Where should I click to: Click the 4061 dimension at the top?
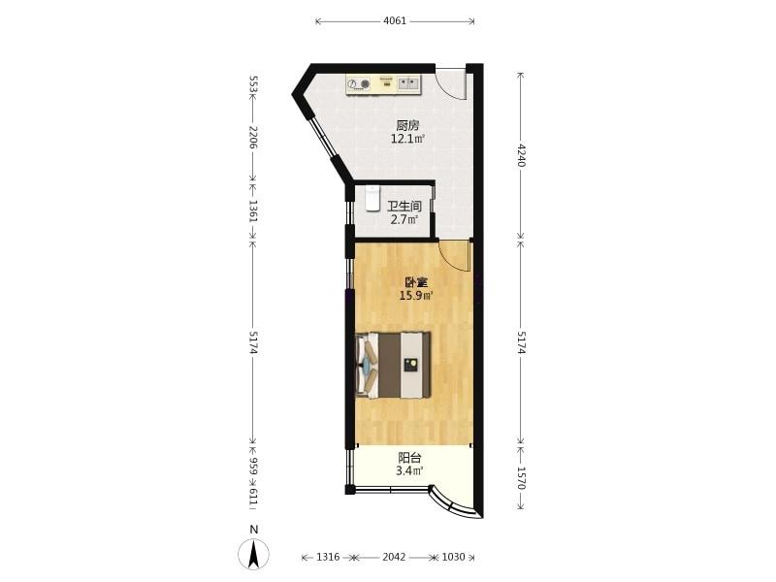click(x=395, y=20)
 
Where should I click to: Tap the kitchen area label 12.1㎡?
click(x=407, y=139)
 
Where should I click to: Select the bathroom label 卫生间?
click(x=404, y=206)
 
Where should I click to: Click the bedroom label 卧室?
click(x=416, y=282)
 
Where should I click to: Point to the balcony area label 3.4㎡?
click(x=409, y=470)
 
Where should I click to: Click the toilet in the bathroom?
click(x=372, y=198)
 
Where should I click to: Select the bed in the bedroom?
click(x=393, y=366)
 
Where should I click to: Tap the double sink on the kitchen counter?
click(x=408, y=83)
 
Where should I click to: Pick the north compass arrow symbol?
click(x=254, y=554)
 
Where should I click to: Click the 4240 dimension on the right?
click(x=520, y=155)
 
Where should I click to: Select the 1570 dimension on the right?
click(x=520, y=478)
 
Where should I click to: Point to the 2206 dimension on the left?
click(x=253, y=138)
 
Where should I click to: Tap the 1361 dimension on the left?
click(x=253, y=211)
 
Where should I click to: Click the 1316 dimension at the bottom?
click(x=328, y=557)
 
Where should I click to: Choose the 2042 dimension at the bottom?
click(x=394, y=557)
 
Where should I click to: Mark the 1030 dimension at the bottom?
click(x=453, y=557)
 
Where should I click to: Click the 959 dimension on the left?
click(x=253, y=467)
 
